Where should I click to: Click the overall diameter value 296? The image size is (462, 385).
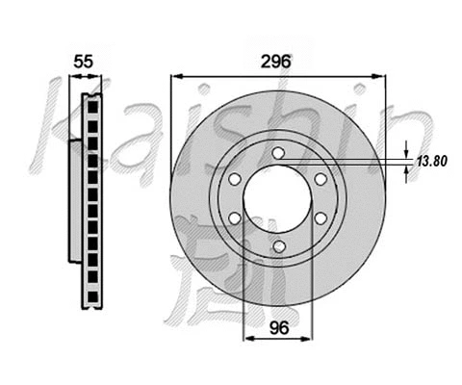[276, 60]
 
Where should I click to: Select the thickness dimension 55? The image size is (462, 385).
[84, 60]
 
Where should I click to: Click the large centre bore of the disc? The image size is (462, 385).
[277, 199]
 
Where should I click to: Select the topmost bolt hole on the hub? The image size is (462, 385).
[277, 153]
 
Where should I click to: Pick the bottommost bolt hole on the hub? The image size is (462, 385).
[277, 246]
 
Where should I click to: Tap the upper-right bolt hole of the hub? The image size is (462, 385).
[319, 178]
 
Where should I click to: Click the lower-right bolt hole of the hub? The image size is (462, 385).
[319, 220]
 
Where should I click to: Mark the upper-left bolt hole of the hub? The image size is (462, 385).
[236, 178]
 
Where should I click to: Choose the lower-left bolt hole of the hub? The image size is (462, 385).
[236, 220]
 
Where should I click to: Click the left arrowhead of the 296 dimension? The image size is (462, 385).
[175, 76]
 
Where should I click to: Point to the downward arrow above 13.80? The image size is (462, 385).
[407, 152]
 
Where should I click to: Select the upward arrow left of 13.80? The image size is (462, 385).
[407, 172]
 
